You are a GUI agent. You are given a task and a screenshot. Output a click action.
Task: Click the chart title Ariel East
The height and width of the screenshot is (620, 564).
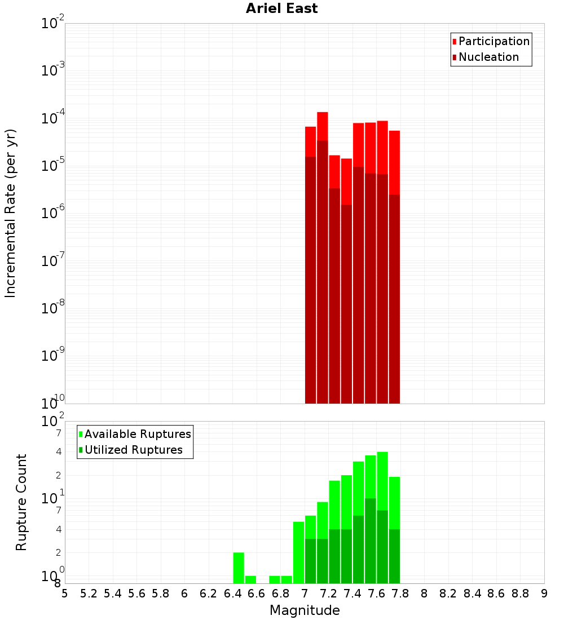[x=281, y=8]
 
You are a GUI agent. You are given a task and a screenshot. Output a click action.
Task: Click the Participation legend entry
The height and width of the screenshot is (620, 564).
[x=493, y=41]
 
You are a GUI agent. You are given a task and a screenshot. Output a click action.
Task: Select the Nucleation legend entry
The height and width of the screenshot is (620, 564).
[x=488, y=57]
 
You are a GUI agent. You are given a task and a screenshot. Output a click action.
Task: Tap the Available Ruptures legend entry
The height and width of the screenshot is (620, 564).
[x=137, y=434]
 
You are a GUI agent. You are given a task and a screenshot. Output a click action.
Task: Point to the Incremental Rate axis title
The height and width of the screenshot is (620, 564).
[x=11, y=213]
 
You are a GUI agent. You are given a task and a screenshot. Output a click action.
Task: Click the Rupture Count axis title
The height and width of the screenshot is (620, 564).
[x=21, y=502]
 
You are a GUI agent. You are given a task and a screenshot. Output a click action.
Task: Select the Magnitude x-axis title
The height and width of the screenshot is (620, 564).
[x=305, y=610]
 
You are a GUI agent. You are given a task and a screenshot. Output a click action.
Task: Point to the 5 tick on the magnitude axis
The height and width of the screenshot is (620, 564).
[x=65, y=594]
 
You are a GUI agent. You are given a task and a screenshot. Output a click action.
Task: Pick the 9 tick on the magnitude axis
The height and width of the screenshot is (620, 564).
[x=544, y=594]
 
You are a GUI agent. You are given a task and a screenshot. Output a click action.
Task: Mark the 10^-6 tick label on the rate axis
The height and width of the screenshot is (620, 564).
[x=53, y=214]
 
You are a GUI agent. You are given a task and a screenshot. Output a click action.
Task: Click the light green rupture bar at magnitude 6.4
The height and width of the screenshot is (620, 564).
[x=239, y=568]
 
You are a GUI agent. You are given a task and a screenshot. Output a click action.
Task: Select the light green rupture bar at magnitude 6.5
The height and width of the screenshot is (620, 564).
[x=250, y=579]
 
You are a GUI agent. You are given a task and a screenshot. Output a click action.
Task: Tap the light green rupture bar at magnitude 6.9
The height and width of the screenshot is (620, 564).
[x=287, y=579]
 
